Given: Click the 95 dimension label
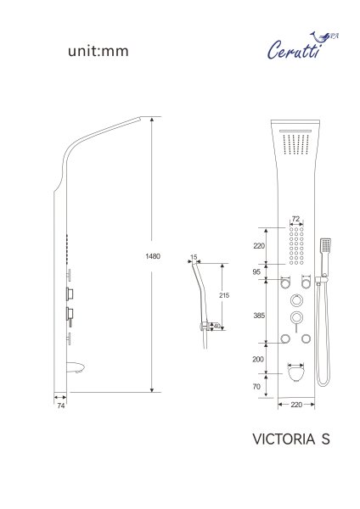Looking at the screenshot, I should [x=256, y=272].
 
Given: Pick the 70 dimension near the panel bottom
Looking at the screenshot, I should [x=257, y=385].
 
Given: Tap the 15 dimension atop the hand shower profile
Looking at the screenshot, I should [x=194, y=256].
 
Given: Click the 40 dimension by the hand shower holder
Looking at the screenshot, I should [x=217, y=325].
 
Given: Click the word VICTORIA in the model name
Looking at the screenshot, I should [x=277, y=439].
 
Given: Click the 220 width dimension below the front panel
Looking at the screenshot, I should [x=296, y=406].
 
